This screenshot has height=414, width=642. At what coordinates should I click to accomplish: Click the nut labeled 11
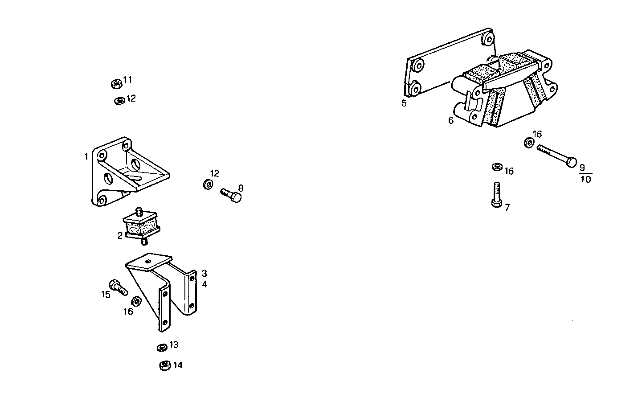click(116, 83)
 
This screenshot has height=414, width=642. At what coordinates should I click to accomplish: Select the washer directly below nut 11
click(119, 100)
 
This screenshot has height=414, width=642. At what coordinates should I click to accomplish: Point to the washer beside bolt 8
click(208, 184)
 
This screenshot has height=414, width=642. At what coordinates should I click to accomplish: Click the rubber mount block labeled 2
click(141, 226)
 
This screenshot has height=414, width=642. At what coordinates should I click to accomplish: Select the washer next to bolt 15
click(137, 301)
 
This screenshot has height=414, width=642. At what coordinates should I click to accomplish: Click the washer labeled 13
click(162, 347)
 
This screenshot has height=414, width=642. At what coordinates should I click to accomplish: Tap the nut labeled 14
click(165, 365)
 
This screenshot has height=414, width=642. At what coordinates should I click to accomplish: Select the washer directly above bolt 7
click(497, 167)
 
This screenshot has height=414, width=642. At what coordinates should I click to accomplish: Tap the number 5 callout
click(404, 103)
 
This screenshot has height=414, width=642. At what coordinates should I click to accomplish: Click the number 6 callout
click(451, 120)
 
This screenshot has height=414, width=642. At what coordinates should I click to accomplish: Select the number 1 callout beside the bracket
click(86, 156)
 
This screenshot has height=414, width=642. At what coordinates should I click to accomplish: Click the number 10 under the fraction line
click(585, 180)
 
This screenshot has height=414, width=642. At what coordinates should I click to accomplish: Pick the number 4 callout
click(204, 284)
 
